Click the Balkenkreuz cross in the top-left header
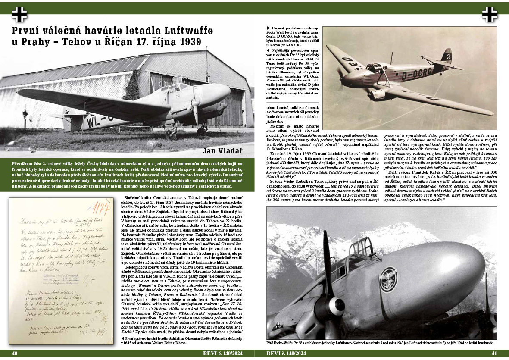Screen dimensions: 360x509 pyautogui.click(x=19, y=14)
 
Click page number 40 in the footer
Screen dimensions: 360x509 pyautogui.click(x=15, y=354)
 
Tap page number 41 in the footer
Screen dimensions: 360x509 pyautogui.click(x=494, y=354)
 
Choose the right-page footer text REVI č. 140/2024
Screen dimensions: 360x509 pyautogui.click(x=286, y=354)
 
